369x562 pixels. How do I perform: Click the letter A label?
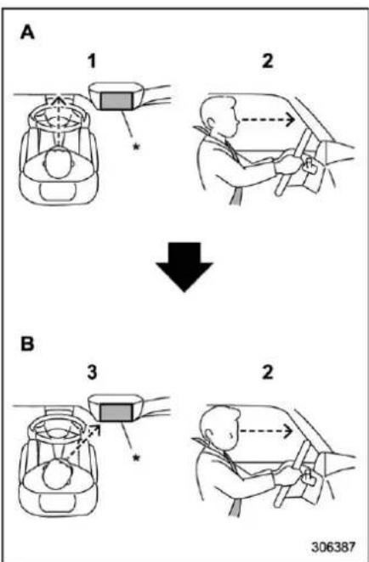coord(27,32)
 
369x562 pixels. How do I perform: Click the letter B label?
coord(27,343)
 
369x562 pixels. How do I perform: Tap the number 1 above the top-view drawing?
coord(92,60)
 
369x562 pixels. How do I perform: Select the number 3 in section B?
coord(92,372)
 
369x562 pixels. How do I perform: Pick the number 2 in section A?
coord(268,60)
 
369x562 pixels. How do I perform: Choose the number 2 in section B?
coord(268,372)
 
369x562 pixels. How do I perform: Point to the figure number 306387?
coord(332,547)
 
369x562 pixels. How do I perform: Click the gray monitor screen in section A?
coord(116,101)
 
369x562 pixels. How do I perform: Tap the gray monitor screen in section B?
coord(116,413)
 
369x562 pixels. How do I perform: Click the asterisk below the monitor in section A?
coord(136,147)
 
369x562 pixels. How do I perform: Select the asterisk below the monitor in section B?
coord(136,458)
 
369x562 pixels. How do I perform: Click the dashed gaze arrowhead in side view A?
coord(290,121)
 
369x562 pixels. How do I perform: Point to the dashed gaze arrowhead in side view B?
coord(290,431)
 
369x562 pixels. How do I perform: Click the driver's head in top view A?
coord(59,164)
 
